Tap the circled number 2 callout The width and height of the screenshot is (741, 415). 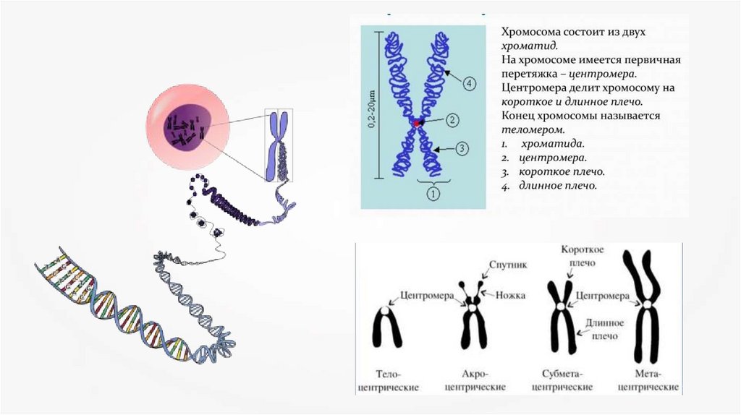[453, 120]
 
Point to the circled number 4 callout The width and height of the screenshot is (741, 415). [470, 85]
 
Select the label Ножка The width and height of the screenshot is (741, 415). [512, 295]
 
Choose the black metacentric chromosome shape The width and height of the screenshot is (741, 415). [645, 311]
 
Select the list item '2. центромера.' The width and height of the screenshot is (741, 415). [543, 157]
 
